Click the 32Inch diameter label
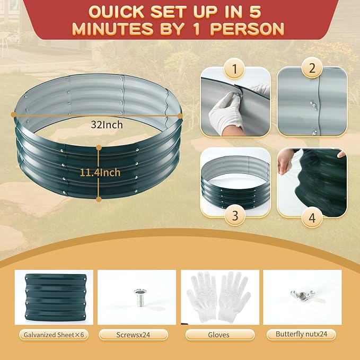(x=107, y=125)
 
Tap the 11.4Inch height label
(x=100, y=172)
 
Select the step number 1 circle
(x=234, y=68)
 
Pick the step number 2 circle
(x=312, y=68)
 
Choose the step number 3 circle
(x=235, y=215)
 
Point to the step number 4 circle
(x=312, y=217)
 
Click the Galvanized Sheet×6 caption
(x=54, y=335)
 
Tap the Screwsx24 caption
(x=133, y=335)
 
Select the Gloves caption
(x=218, y=335)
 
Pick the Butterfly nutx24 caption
(x=301, y=334)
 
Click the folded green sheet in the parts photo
(x=55, y=297)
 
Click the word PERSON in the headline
(x=247, y=29)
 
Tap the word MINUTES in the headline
(x=112, y=29)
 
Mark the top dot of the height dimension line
(x=99, y=147)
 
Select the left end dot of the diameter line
(x=14, y=114)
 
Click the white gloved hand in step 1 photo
(x=226, y=112)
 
